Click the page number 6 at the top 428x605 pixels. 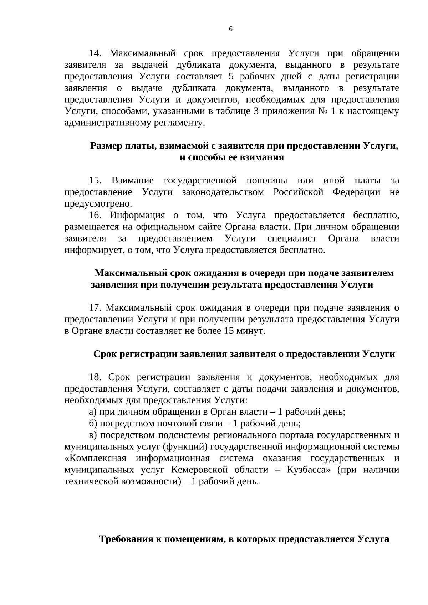pyautogui.click(x=231, y=29)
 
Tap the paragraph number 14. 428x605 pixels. pyautogui.click(x=95, y=53)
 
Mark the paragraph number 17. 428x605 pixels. pyautogui.click(x=95, y=308)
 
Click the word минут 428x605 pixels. pyautogui.click(x=253, y=331)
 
